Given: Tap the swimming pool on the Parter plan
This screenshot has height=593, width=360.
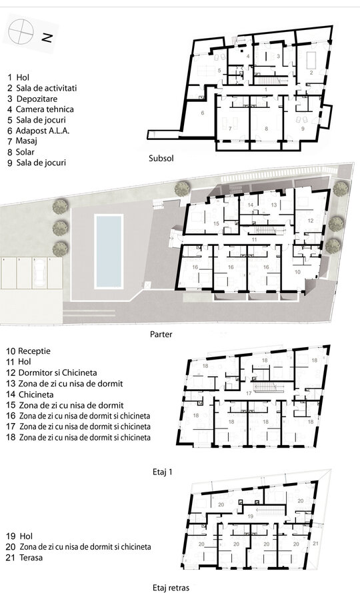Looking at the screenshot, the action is (x=109, y=251).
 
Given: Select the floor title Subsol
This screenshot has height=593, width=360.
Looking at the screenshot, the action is (x=161, y=158).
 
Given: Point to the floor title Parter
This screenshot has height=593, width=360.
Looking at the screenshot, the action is (x=161, y=334).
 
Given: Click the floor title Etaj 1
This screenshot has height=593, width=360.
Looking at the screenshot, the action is (x=163, y=472).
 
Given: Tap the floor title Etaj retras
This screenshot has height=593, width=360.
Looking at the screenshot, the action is (x=171, y=588).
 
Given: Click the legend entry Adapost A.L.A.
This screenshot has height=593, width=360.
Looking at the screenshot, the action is (x=38, y=131).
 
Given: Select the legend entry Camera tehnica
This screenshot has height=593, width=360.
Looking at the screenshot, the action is (x=40, y=109).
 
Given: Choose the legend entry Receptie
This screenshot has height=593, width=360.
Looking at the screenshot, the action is (x=29, y=351).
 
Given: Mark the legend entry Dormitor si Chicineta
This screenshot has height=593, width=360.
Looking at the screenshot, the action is (x=51, y=372).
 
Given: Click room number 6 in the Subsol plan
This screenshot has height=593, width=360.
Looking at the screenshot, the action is (x=203, y=113).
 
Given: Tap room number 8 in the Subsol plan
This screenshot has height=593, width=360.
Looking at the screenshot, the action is (x=266, y=129).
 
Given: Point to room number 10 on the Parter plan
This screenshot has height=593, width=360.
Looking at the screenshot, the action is (x=297, y=272).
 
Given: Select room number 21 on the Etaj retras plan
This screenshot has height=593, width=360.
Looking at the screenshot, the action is (x=316, y=543).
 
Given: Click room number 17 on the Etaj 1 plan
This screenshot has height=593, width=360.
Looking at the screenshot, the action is (x=249, y=393).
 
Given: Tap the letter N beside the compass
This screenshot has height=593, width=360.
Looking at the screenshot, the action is (x=47, y=37).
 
